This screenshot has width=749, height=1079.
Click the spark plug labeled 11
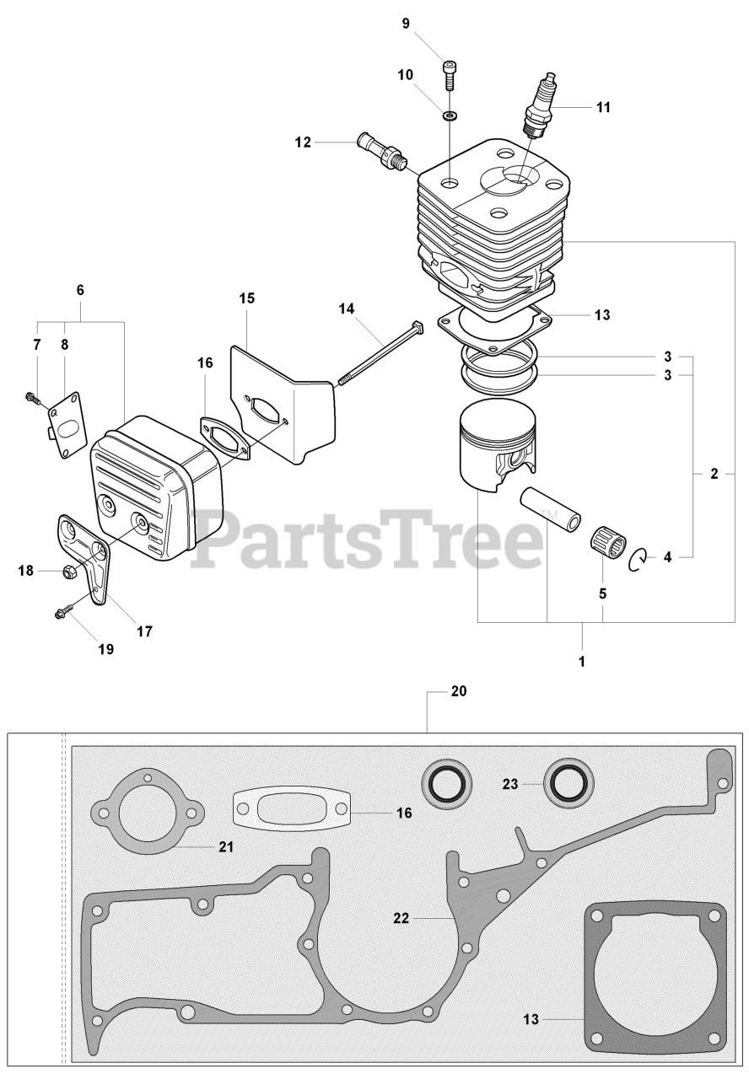click(x=539, y=105)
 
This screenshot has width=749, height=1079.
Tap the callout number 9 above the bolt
click(x=406, y=24)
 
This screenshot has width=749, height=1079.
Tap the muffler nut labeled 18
click(x=68, y=572)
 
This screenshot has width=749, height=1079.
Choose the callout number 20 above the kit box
click(x=458, y=691)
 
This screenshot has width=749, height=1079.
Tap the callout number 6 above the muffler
click(x=80, y=290)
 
